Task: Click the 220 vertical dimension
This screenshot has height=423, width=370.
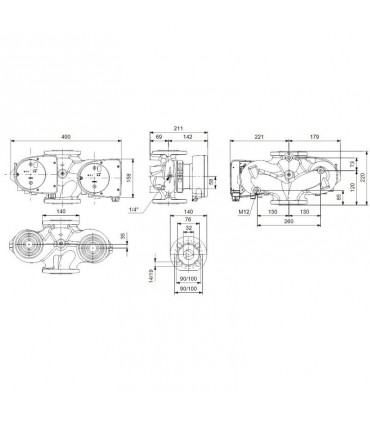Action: click(364, 177)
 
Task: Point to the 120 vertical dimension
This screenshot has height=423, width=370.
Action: click(352, 187)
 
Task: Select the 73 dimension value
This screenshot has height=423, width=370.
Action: click(351, 163)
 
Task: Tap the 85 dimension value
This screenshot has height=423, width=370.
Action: click(340, 197)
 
